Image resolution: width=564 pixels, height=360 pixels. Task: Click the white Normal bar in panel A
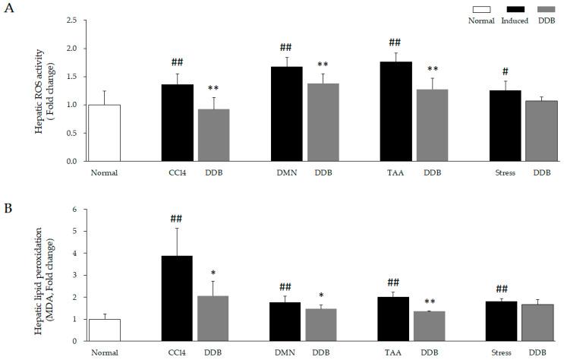[104, 133]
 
